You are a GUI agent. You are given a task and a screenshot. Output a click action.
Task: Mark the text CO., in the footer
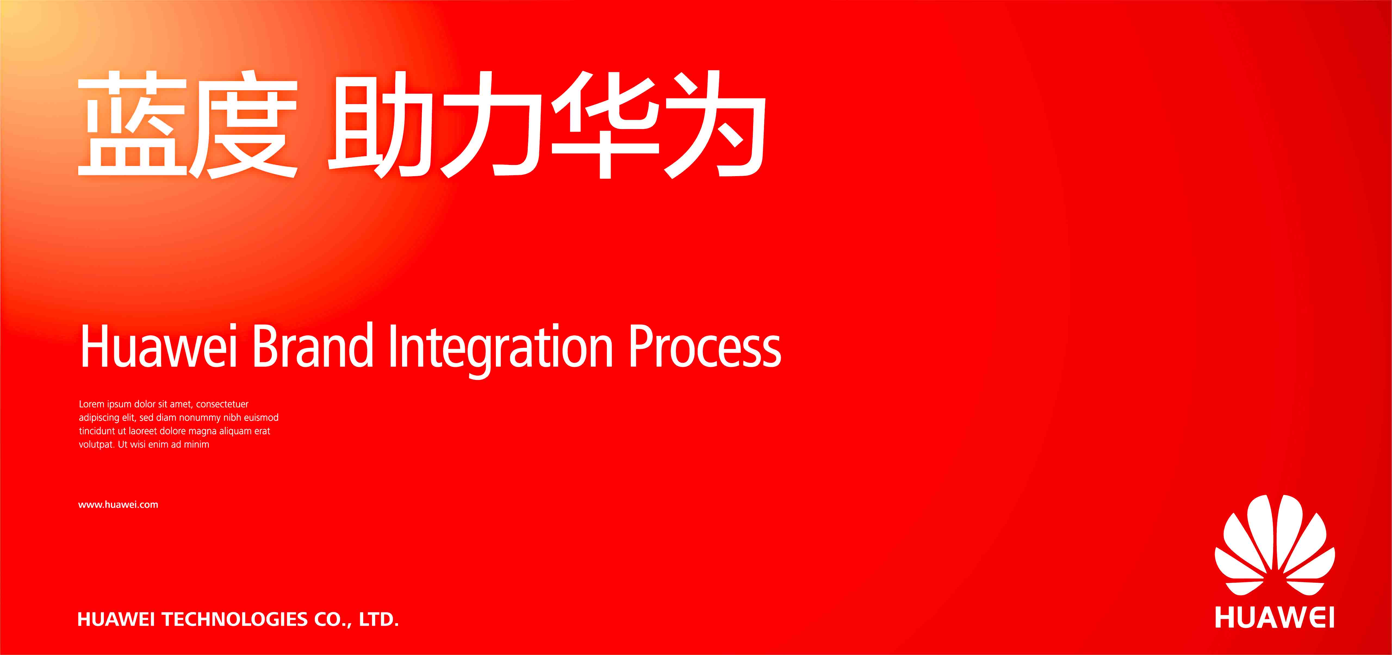(333, 619)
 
